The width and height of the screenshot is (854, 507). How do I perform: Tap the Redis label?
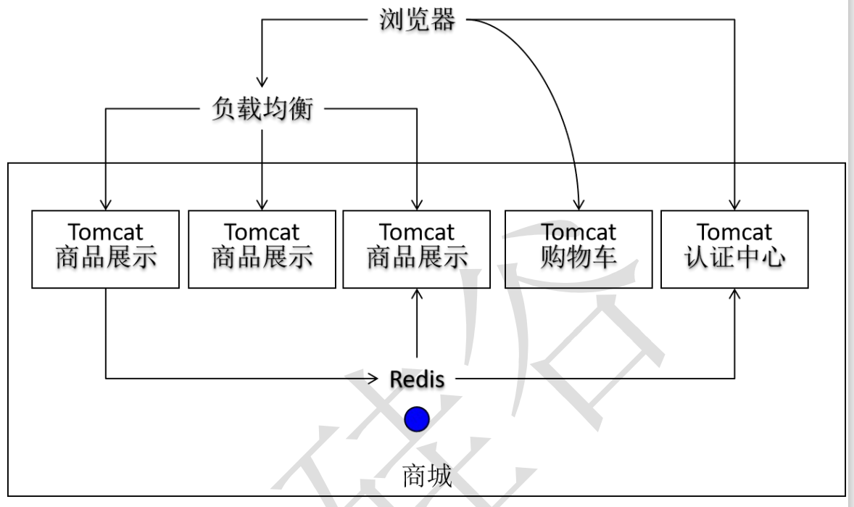[417, 378]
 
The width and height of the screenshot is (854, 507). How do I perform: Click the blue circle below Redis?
[417, 419]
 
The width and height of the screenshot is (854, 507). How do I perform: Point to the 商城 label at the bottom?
[427, 477]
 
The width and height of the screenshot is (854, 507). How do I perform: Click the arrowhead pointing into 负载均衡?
[262, 81]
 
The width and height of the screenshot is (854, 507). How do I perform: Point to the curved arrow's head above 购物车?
[579, 204]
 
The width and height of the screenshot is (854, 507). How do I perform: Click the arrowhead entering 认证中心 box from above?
[734, 204]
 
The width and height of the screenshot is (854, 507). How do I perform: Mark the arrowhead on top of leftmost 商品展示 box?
[106, 204]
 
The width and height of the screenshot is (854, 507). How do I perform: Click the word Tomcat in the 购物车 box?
[578, 233]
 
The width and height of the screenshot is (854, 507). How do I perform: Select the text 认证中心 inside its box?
[734, 258]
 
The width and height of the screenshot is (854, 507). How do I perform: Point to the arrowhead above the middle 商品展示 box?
[262, 204]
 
